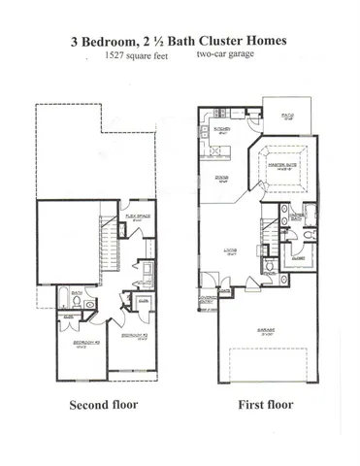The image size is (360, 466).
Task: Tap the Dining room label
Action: coord(220,178)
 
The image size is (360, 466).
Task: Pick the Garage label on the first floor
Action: coord(266,331)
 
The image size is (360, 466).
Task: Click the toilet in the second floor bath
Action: coord(88,304)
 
